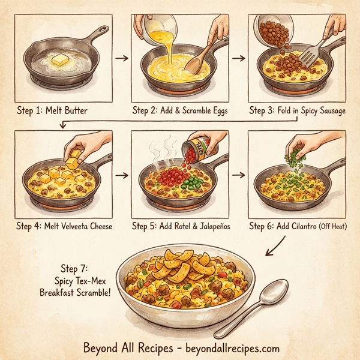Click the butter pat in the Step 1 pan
[60, 61]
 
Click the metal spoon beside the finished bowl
[270, 306]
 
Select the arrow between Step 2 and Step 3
[239, 58]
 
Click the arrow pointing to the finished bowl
[275, 245]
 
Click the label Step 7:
[76, 268]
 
